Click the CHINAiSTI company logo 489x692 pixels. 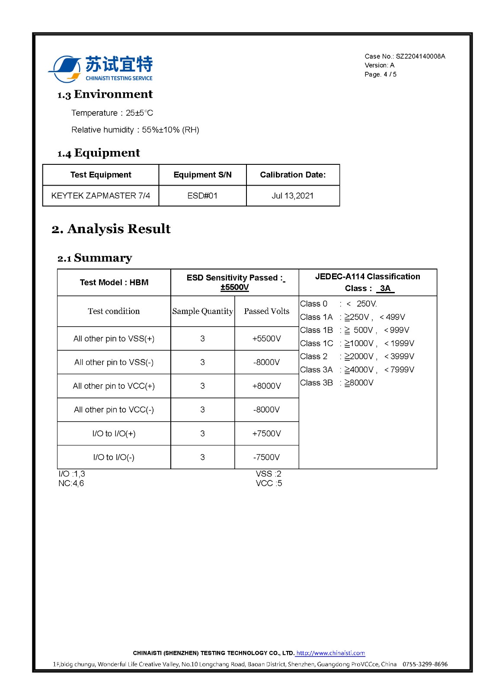click(100, 68)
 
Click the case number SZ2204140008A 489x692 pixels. click(420, 56)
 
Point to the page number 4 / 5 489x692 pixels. click(390, 74)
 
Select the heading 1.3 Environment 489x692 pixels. click(105, 94)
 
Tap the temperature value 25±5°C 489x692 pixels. click(139, 113)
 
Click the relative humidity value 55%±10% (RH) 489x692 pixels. click(170, 130)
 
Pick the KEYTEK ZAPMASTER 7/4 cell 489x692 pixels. click(101, 195)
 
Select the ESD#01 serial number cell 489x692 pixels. click(202, 195)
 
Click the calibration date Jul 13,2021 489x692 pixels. click(293, 195)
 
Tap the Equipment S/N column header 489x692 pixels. click(202, 175)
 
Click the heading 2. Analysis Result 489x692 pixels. click(111, 229)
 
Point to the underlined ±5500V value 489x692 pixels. click(234, 287)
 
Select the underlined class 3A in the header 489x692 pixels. click(385, 288)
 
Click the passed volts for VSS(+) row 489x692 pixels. click(267, 339)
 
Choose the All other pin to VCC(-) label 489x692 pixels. click(114, 410)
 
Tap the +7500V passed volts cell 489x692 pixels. click(267, 433)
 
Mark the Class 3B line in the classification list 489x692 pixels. click(337, 383)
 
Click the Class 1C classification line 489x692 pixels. click(357, 343)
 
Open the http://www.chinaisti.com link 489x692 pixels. click(331, 653)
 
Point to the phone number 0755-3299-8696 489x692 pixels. click(425, 664)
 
